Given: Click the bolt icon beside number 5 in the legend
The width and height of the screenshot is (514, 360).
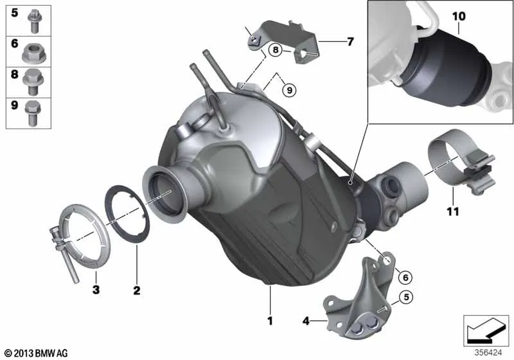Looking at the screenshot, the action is click(x=33, y=21).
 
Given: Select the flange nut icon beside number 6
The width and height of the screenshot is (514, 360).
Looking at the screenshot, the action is click(x=34, y=54).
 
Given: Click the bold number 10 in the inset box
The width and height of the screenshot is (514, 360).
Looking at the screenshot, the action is click(x=459, y=17).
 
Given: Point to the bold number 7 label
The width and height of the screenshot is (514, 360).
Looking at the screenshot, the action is click(x=350, y=42).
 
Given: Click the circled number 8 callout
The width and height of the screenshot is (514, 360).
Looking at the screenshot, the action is click(x=276, y=50).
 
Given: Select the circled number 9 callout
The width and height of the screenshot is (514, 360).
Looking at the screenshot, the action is click(x=289, y=90).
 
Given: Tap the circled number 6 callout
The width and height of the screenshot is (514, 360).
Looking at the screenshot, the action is click(x=405, y=277).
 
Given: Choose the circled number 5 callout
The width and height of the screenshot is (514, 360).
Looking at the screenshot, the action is click(x=407, y=297).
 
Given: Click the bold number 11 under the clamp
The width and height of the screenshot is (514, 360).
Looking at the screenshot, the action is click(x=453, y=212).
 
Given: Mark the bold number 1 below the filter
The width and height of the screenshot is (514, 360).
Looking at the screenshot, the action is click(x=270, y=321).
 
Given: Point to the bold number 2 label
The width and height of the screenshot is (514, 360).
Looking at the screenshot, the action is click(x=137, y=290).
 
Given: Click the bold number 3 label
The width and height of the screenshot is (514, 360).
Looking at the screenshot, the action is click(x=96, y=289).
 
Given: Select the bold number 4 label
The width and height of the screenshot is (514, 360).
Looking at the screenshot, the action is click(x=306, y=321).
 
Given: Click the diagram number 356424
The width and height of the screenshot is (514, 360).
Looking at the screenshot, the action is click(x=488, y=352).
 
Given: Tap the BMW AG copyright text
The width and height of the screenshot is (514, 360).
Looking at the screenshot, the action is click(x=36, y=353).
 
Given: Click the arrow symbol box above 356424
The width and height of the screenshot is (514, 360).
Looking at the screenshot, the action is click(x=486, y=330).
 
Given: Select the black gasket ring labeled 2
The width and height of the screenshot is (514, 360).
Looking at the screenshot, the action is click(x=127, y=214).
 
